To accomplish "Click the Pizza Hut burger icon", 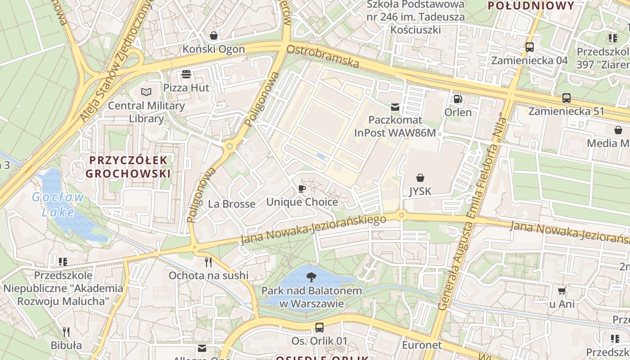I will tap(186, 74).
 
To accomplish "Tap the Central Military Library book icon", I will tap(146, 92).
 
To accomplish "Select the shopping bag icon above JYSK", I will tap(420, 178).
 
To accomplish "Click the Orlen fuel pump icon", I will tap(458, 99).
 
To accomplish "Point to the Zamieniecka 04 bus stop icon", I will tap(530, 47).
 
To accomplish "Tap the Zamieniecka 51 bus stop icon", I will tap(567, 98).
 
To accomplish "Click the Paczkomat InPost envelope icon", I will tap(395, 107).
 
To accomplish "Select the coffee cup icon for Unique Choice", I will tap(301, 189).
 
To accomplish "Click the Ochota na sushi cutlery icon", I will tap(208, 262).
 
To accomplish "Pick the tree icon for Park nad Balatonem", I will tap(310, 277).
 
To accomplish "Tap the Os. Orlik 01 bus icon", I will tap(319, 327).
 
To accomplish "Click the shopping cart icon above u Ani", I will tap(562, 291).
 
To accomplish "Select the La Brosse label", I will tap(231, 204).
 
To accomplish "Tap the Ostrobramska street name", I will tap(323, 56).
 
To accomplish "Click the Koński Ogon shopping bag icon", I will tap(214, 35).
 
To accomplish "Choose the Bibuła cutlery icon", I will tap(66, 332).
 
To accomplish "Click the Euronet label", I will tap(422, 345).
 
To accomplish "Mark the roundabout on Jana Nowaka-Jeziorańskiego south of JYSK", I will tap(401, 216).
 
